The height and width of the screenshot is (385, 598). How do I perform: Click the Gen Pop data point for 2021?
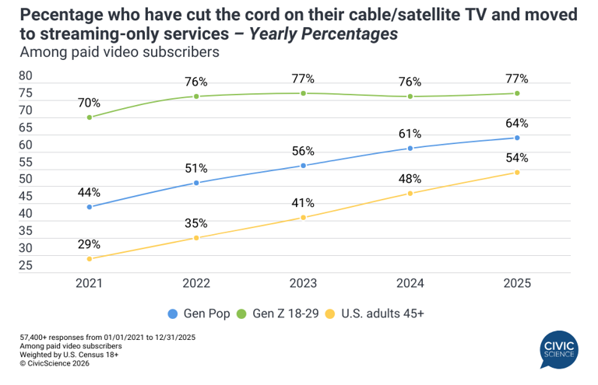pos(90,207)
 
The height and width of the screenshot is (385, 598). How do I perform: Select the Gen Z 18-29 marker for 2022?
pos(196,96)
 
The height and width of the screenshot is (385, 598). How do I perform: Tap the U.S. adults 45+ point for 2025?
pos(516,173)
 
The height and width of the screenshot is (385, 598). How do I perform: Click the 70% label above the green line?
pos(90,102)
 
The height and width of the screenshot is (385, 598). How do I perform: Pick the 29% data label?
pos(90,243)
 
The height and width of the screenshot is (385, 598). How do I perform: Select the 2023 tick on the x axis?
pos(303,284)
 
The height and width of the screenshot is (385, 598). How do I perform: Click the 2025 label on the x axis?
pos(516,284)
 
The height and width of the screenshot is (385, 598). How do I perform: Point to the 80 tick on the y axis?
pos(26,76)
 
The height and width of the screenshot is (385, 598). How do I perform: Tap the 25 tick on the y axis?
pos(26,266)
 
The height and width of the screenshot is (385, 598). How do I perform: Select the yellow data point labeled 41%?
pos(303,218)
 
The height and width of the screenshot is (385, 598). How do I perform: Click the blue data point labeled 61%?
pos(410,149)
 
